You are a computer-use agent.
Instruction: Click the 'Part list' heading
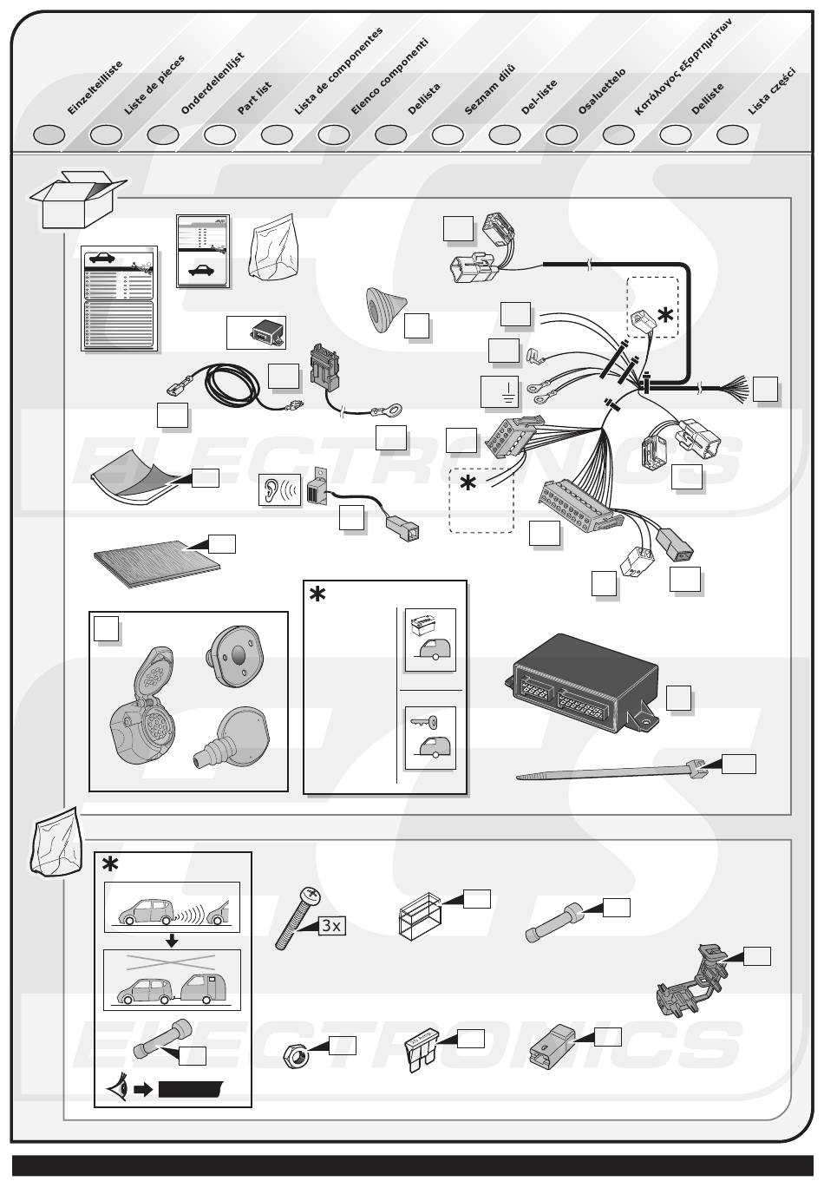[254, 98]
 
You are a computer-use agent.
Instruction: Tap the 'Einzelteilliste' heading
[95, 88]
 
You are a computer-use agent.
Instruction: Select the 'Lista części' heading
[772, 91]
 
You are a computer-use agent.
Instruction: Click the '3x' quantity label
[331, 925]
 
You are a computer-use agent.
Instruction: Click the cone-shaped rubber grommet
[385, 310]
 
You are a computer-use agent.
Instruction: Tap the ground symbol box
[500, 391]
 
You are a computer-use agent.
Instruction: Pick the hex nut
[296, 1057]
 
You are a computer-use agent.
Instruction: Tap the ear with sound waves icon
[279, 489]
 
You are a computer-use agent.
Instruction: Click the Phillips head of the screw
[310, 896]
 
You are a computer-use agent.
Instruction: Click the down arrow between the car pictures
[172, 942]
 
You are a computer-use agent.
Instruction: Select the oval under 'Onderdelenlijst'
[163, 135]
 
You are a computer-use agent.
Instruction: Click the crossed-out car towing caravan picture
[172, 980]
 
